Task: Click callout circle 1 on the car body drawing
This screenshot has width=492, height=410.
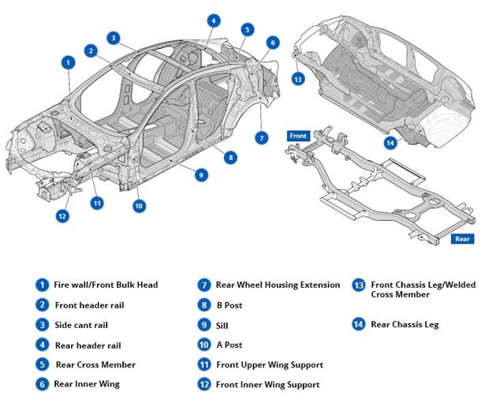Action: pyautogui.click(x=69, y=61)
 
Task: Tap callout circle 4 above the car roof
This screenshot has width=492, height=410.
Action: pyautogui.click(x=214, y=20)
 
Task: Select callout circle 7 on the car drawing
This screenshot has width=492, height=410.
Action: pyautogui.click(x=262, y=137)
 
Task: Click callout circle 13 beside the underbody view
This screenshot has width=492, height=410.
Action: pyautogui.click(x=298, y=79)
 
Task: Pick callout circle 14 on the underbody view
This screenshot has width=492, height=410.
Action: pyautogui.click(x=389, y=143)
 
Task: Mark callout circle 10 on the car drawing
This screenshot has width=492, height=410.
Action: pyautogui.click(x=139, y=206)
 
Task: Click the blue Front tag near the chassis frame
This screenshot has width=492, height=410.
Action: pyautogui.click(x=298, y=135)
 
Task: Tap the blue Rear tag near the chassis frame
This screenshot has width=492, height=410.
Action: pyautogui.click(x=463, y=239)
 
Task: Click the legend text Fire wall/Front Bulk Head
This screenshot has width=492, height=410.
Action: pyautogui.click(x=106, y=285)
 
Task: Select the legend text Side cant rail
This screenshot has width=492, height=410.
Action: pyautogui.click(x=81, y=325)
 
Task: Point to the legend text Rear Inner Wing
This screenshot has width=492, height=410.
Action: pyautogui.click(x=88, y=384)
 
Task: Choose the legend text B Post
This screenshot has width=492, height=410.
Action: pyautogui.click(x=230, y=304)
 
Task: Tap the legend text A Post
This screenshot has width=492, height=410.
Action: pyautogui.click(x=230, y=345)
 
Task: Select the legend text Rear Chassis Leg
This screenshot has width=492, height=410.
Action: pyautogui.click(x=404, y=324)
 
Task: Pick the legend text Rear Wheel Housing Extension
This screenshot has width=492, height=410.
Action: pyautogui.click(x=278, y=285)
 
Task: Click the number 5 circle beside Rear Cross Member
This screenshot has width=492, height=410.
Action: pyautogui.click(x=42, y=364)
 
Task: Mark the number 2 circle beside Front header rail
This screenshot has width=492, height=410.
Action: pyautogui.click(x=42, y=305)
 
